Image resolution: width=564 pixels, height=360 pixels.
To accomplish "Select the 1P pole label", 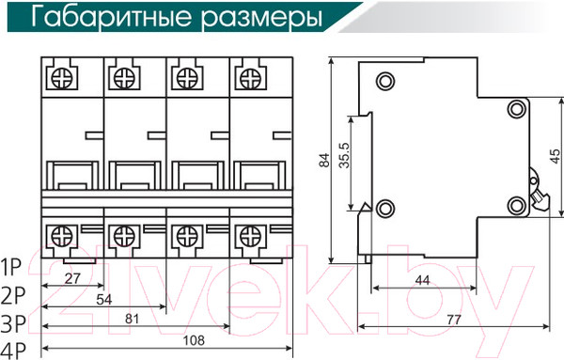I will [12, 264].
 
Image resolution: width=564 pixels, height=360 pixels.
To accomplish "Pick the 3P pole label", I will [13, 324].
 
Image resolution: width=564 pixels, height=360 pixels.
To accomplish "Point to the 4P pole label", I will [13, 352].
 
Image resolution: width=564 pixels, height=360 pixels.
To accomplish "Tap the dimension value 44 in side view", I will [422, 280].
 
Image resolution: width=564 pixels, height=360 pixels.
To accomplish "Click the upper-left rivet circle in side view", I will [384, 80].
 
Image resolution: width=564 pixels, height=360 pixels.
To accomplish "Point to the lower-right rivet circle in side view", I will [516, 207].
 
